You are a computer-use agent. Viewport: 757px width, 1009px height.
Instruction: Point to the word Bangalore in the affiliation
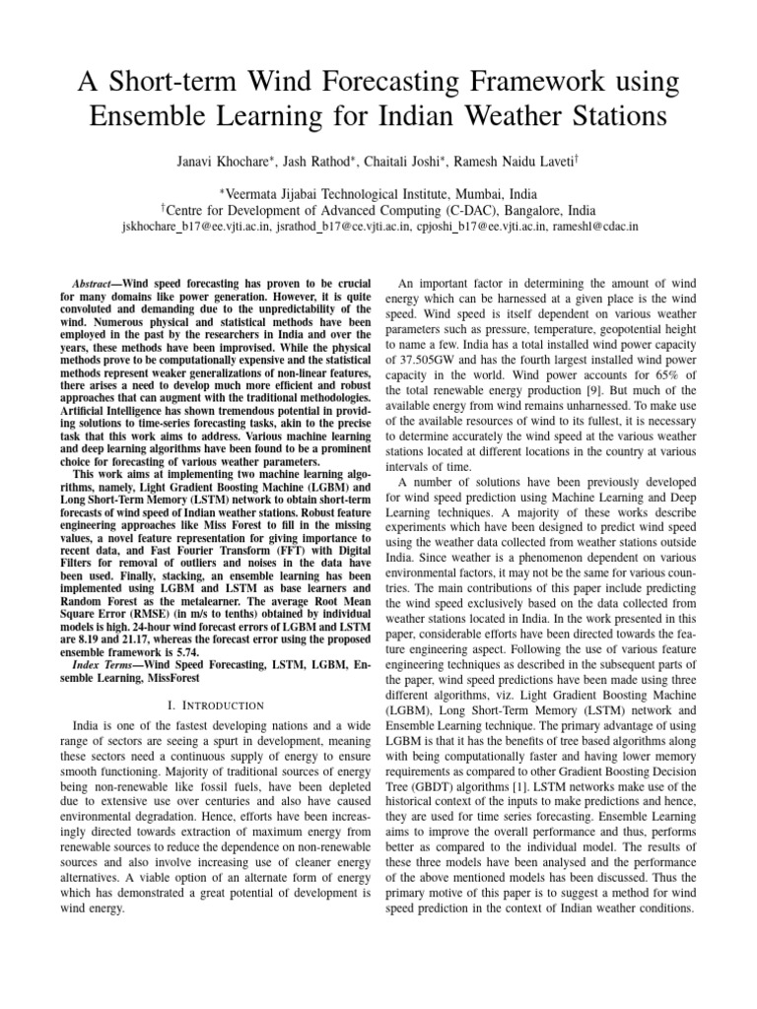(512, 209)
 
